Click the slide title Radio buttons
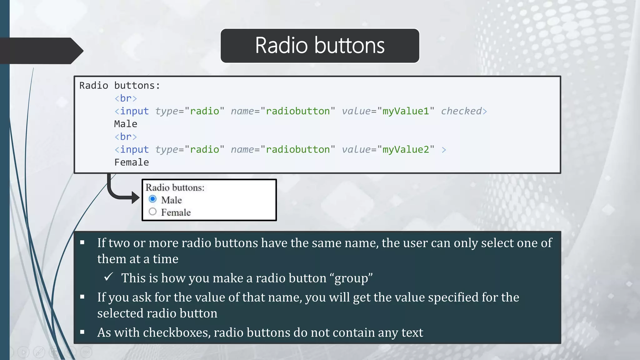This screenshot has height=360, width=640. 320,46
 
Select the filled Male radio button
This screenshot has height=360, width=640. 152,199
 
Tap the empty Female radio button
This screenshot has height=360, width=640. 152,212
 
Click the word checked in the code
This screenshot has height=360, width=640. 461,111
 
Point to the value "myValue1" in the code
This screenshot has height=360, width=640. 406,111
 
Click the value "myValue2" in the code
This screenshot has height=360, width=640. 406,149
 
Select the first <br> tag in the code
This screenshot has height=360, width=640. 126,98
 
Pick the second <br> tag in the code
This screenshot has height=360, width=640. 126,137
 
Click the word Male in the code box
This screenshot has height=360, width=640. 126,124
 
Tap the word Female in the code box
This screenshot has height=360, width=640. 132,162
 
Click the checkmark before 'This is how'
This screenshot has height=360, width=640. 108,277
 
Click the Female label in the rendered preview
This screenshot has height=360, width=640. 176,212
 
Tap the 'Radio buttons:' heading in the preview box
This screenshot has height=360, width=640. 175,187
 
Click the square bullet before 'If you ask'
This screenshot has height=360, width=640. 82,297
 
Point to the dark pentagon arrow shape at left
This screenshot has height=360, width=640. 41,51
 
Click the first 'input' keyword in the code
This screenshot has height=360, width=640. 134,111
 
